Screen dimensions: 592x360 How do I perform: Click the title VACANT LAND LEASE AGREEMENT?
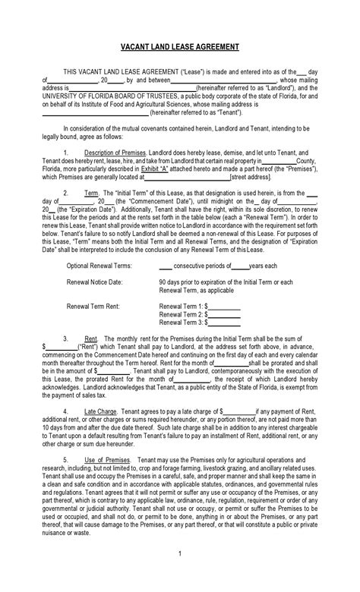[179, 46]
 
